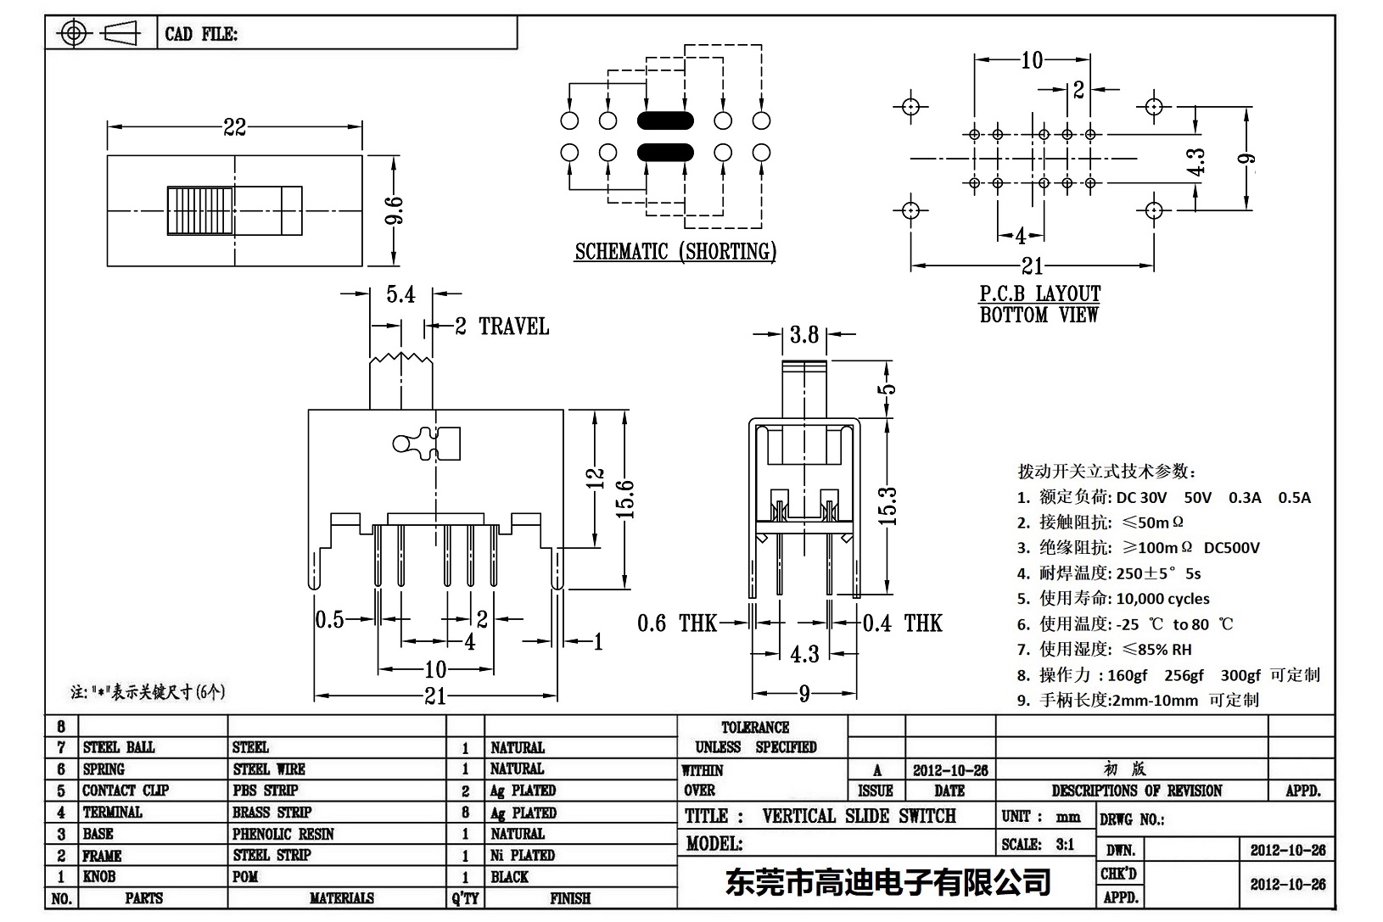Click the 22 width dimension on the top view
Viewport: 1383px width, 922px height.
(x=234, y=127)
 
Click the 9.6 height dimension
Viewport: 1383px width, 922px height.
(x=394, y=210)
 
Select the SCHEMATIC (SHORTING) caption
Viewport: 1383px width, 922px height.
(x=675, y=252)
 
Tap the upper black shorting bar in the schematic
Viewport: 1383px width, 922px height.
(x=665, y=120)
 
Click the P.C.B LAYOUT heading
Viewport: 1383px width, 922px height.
(x=1039, y=293)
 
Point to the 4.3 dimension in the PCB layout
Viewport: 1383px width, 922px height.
(x=1195, y=163)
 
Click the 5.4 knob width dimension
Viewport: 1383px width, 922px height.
(x=400, y=294)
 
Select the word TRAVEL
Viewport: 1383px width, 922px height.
(x=513, y=327)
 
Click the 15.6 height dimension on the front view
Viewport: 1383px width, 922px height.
(x=625, y=499)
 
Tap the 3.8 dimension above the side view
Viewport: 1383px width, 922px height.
(x=803, y=335)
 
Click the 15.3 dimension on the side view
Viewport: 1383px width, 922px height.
(x=887, y=506)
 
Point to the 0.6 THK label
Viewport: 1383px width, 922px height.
(x=676, y=623)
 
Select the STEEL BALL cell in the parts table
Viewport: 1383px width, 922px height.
(x=119, y=747)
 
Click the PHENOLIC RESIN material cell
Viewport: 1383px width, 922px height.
(x=283, y=834)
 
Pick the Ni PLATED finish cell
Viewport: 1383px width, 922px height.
(x=523, y=855)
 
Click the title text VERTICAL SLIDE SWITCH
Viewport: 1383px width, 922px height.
(x=859, y=816)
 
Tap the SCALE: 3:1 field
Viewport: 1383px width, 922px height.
(x=1038, y=844)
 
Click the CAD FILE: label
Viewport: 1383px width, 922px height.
(x=201, y=34)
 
